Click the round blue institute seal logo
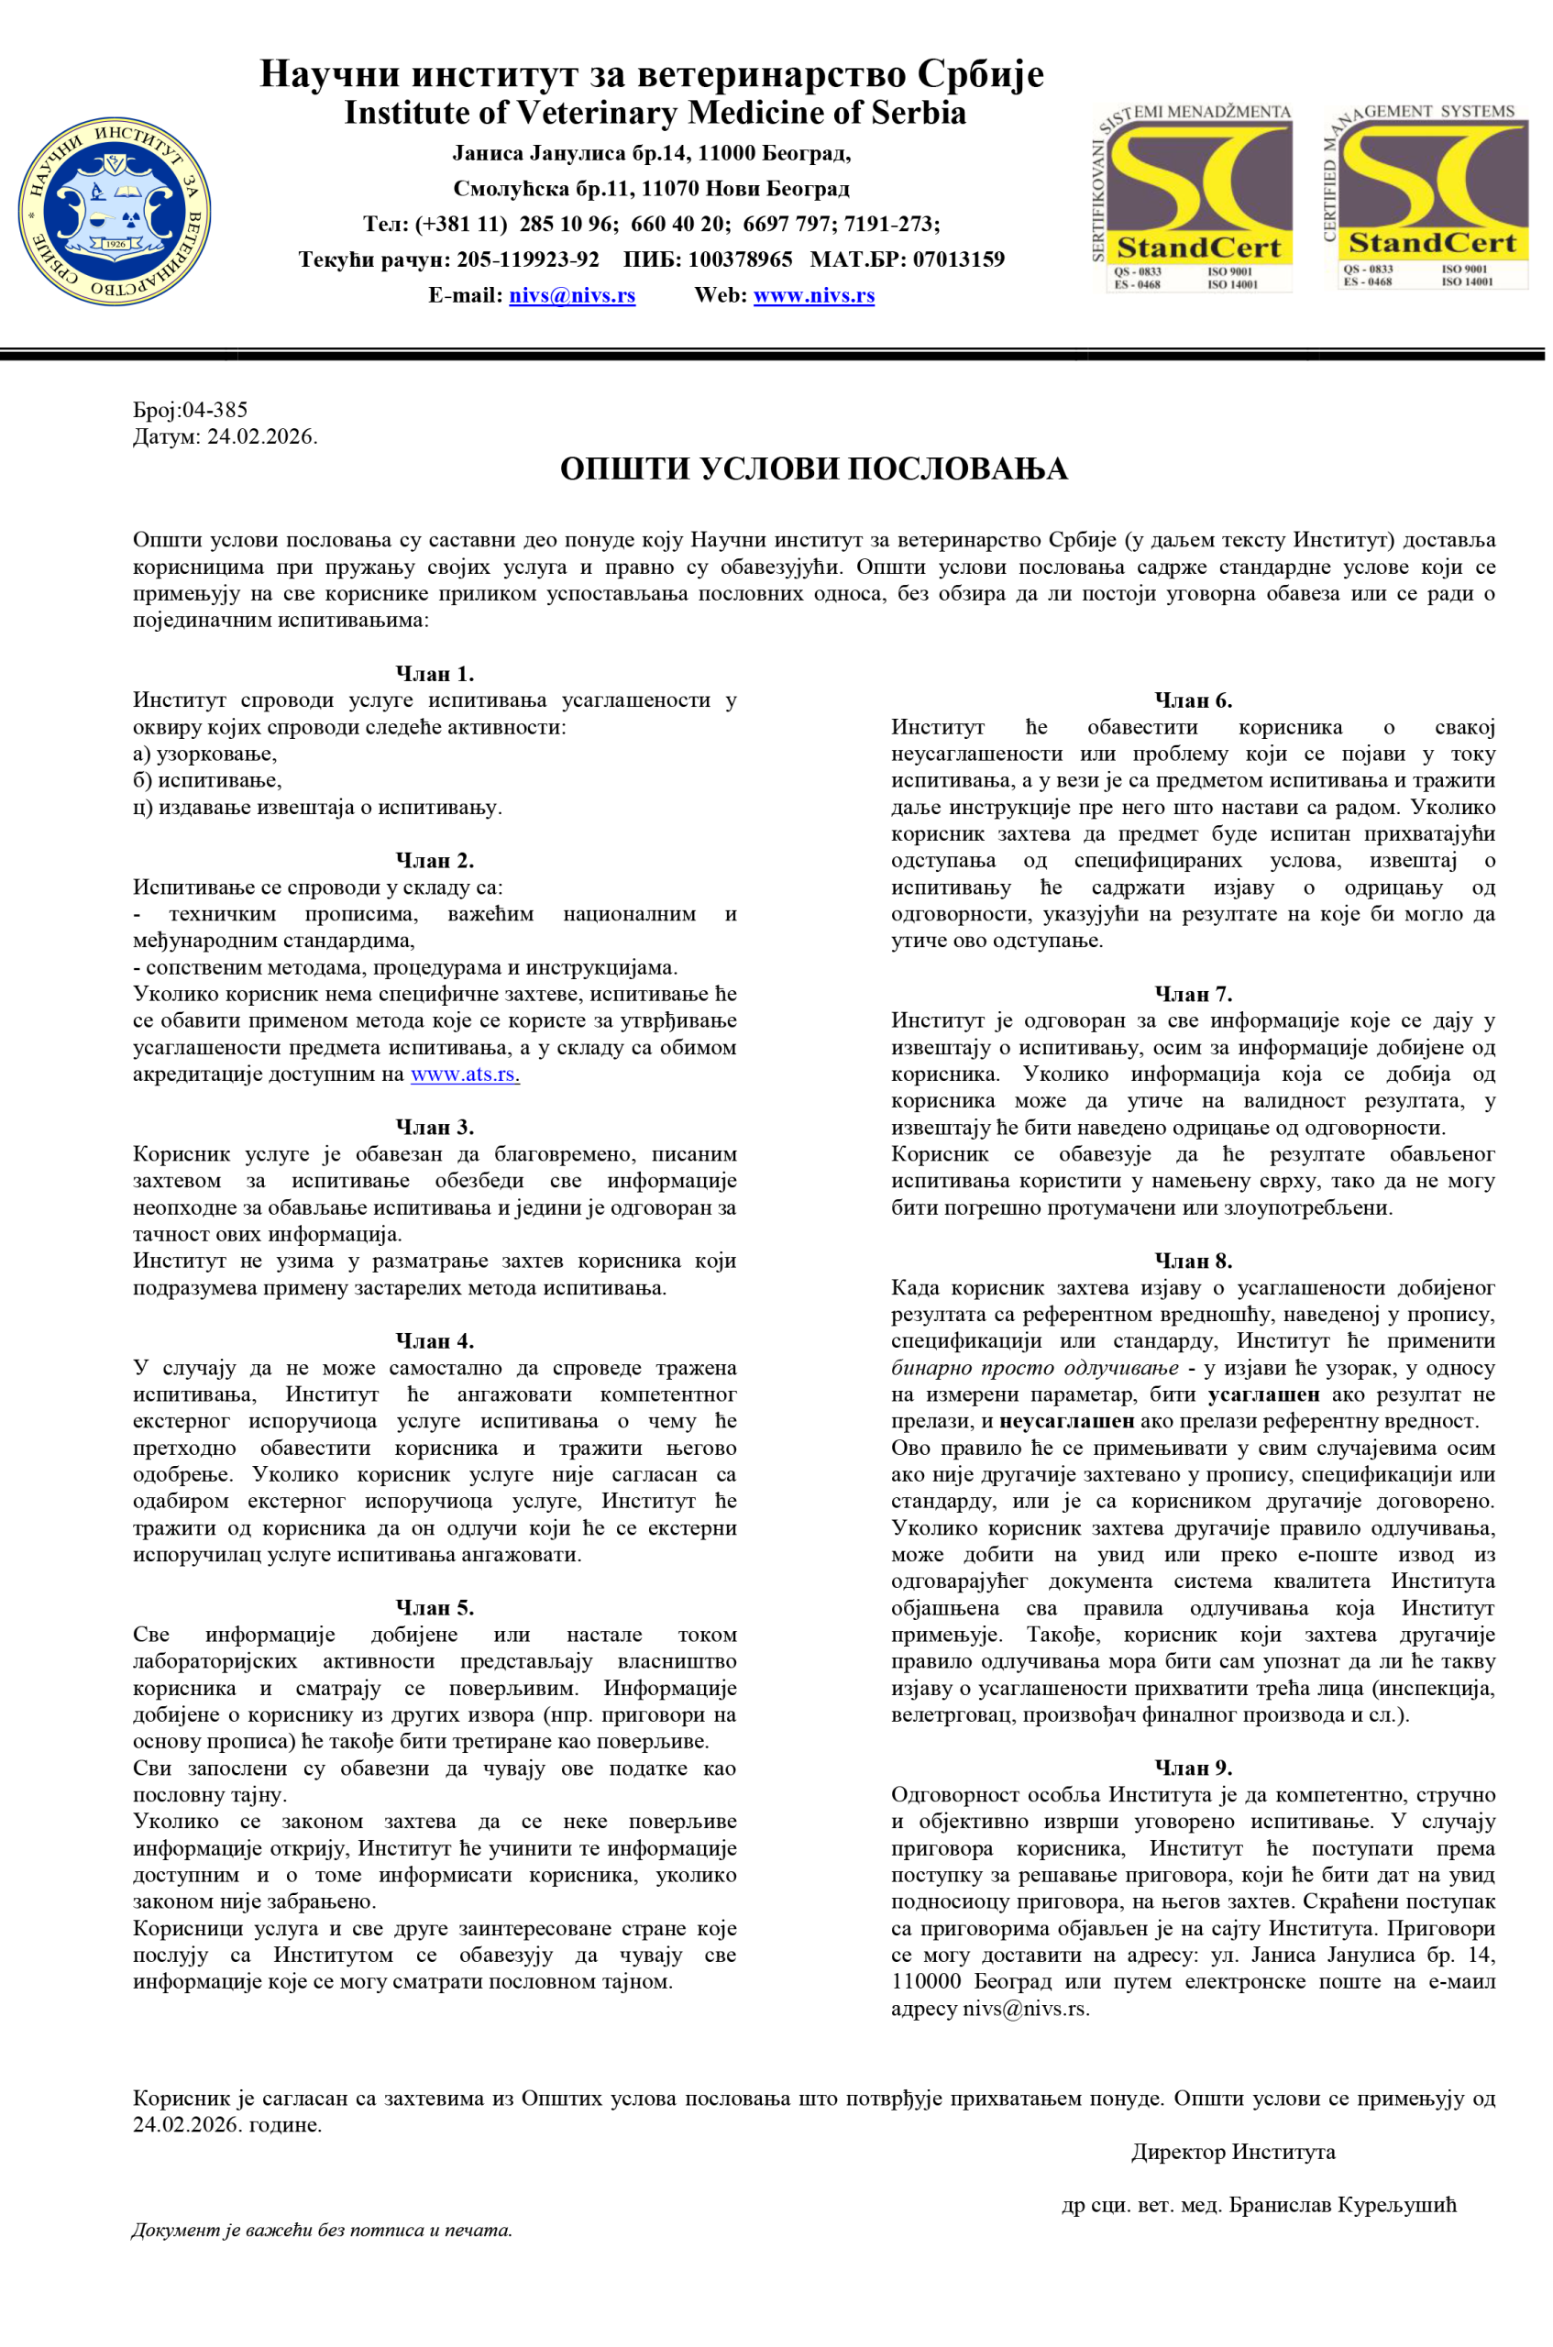coord(114,211)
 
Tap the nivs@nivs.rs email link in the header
coord(571,295)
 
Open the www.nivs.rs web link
coord(813,295)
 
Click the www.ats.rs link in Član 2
coord(465,1074)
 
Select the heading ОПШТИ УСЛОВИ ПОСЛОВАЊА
coord(813,468)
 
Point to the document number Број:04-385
coord(190,409)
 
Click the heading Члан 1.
coord(435,674)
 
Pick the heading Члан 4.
coord(435,1341)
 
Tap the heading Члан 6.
coord(1193,700)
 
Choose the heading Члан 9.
coord(1193,1768)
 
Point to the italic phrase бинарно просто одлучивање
coord(1034,1368)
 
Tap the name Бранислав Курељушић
coord(1342,2206)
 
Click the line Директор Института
coord(1232,2152)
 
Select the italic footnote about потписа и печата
coord(322,2231)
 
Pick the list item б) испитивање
coord(207,780)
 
